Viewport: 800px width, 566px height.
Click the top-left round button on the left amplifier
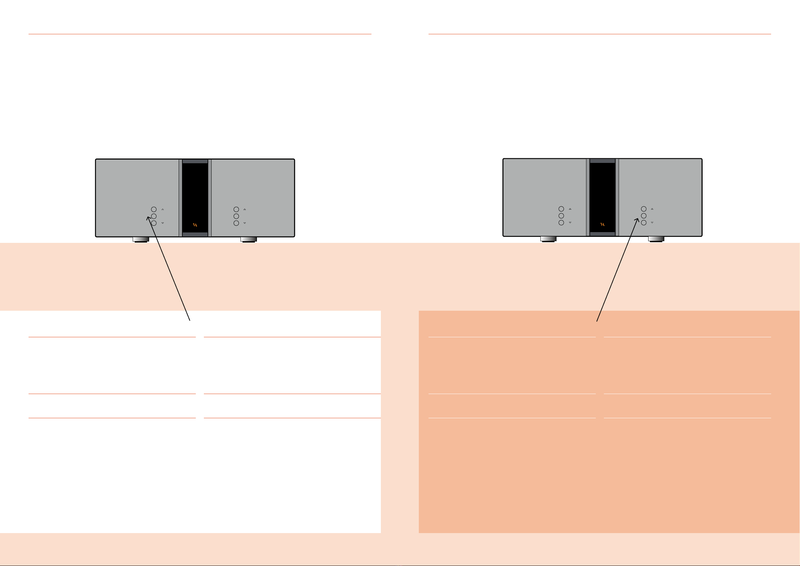click(x=154, y=210)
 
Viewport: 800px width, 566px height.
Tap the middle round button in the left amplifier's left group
click(x=154, y=216)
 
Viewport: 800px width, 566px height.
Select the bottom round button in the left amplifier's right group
click(x=236, y=223)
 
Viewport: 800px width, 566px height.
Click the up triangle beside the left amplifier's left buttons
click(x=163, y=210)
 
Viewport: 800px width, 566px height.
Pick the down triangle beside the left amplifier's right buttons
click(x=245, y=223)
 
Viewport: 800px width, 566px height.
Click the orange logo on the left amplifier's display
click(x=195, y=225)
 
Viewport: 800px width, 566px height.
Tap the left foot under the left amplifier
click(x=141, y=240)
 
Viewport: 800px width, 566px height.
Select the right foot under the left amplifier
click(x=249, y=240)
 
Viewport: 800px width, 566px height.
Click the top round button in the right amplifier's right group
click(x=643, y=209)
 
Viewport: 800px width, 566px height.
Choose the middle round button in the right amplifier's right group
click(x=643, y=216)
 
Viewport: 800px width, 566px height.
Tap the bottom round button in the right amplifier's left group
click(x=561, y=223)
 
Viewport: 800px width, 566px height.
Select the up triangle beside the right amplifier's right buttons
click(x=652, y=209)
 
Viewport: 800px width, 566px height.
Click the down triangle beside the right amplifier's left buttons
click(x=570, y=222)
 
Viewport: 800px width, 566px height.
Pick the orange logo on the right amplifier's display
click(x=603, y=224)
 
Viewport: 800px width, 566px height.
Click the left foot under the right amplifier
click(x=548, y=239)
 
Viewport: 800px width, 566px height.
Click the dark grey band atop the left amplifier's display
click(x=195, y=162)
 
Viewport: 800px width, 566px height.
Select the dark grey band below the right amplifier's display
click(x=603, y=234)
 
